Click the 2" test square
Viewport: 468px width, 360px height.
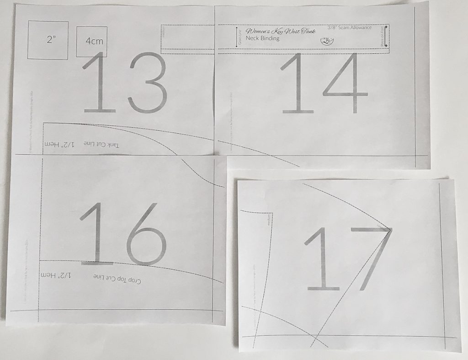point(48,40)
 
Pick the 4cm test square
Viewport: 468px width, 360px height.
point(92,41)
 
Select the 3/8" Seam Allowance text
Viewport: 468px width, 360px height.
point(350,28)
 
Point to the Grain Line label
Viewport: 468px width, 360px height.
point(239,37)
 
